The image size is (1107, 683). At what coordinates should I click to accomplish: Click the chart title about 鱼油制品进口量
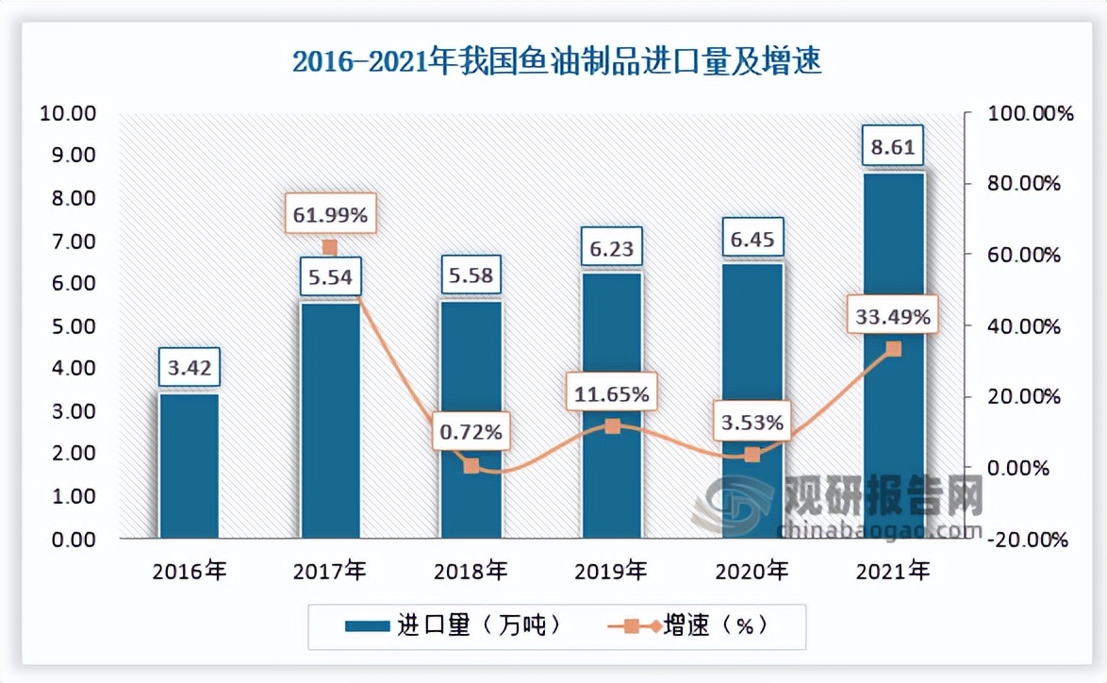(x=556, y=61)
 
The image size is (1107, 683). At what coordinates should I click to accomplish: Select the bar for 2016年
(x=189, y=466)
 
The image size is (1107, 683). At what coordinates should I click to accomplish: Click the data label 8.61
(x=893, y=147)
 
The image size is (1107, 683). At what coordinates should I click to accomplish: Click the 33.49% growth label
(x=893, y=317)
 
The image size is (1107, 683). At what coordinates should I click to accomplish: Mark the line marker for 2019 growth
(x=612, y=426)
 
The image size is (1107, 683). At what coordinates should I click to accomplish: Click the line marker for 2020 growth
(x=752, y=455)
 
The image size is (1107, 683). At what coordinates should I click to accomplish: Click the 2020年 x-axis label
(x=752, y=570)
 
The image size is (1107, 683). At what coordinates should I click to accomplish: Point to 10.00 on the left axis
(x=68, y=113)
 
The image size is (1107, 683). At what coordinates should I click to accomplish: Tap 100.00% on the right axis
(x=1029, y=113)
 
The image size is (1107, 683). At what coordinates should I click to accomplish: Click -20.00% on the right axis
(x=1029, y=540)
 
